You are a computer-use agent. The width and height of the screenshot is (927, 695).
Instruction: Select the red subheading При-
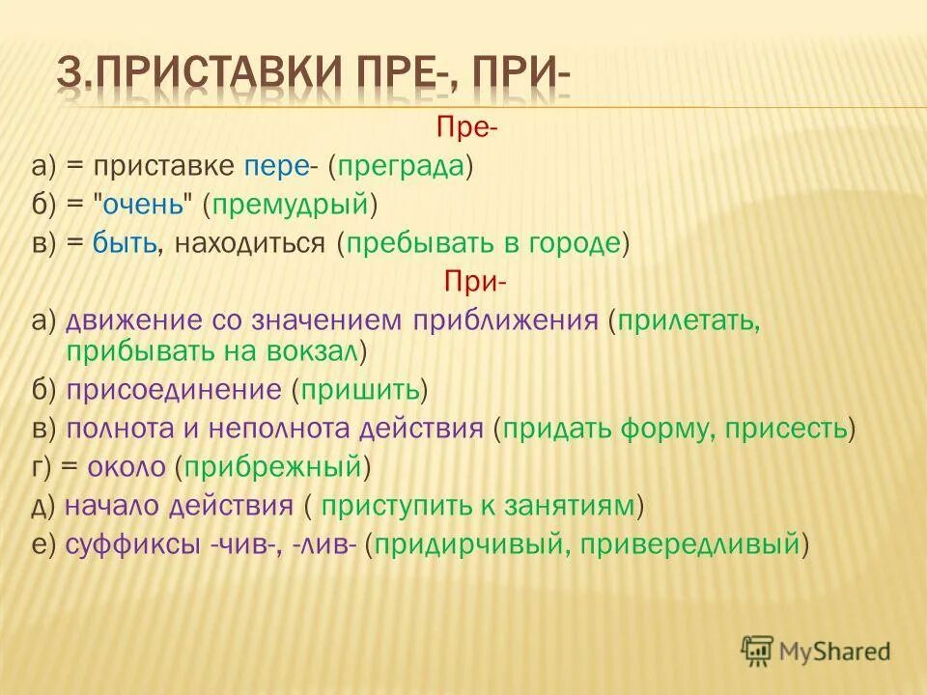click(x=474, y=281)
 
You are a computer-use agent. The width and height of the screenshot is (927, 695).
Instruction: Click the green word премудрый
click(x=294, y=204)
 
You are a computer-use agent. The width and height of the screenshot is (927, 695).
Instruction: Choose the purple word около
click(x=127, y=466)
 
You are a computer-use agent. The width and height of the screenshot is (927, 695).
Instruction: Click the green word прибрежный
click(x=272, y=466)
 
